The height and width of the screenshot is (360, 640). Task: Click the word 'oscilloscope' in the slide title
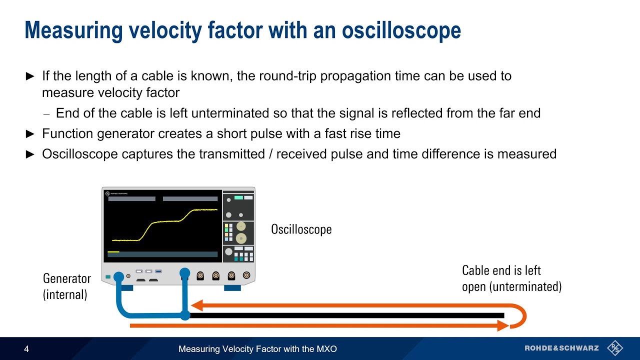pyautogui.click(x=401, y=30)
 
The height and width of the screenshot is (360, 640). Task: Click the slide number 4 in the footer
pyautogui.click(x=26, y=349)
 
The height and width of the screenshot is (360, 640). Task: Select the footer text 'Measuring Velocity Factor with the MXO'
pyautogui.click(x=257, y=349)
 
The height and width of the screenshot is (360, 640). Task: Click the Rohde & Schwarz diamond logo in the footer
pyautogui.click(x=614, y=348)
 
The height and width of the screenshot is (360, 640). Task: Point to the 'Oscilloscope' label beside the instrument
pyautogui.click(x=301, y=229)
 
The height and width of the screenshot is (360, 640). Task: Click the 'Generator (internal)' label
pyautogui.click(x=67, y=286)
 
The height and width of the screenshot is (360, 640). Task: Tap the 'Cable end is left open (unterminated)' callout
pyautogui.click(x=511, y=278)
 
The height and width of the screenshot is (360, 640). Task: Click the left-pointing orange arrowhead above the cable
pyautogui.click(x=196, y=305)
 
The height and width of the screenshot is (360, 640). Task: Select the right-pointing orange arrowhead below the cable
pyautogui.click(x=502, y=326)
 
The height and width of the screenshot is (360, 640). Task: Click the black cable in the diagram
pyautogui.click(x=345, y=315)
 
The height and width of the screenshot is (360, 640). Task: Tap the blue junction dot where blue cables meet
pyautogui.click(x=185, y=315)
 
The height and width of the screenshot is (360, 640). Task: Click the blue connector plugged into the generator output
pyautogui.click(x=118, y=276)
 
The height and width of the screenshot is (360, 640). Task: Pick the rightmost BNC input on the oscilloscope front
pyautogui.click(x=246, y=275)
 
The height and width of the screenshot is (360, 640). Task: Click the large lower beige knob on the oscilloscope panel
pyautogui.click(x=241, y=238)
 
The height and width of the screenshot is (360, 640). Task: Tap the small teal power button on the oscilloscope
pyautogui.click(x=108, y=276)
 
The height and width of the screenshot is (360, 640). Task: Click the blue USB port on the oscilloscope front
pyautogui.click(x=158, y=271)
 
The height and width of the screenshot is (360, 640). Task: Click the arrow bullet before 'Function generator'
pyautogui.click(x=30, y=134)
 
